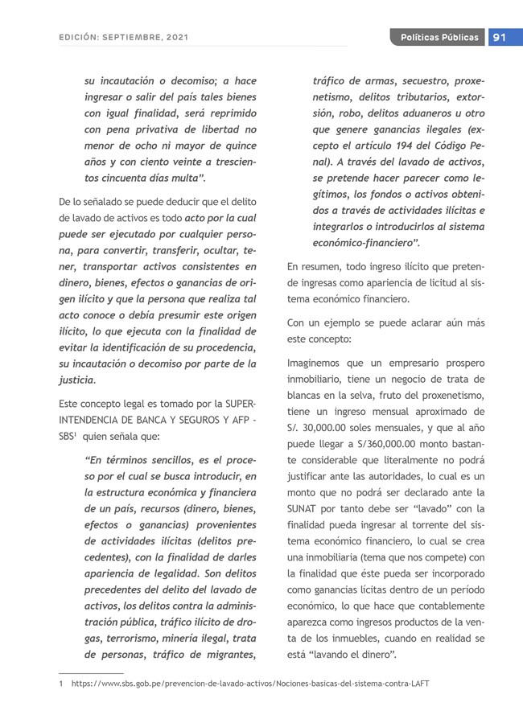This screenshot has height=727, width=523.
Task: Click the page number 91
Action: tap(499, 38)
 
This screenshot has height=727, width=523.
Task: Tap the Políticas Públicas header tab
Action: tap(439, 38)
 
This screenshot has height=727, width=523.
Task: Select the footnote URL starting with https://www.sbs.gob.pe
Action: tap(250, 684)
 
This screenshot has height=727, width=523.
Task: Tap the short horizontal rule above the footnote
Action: tap(91, 673)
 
